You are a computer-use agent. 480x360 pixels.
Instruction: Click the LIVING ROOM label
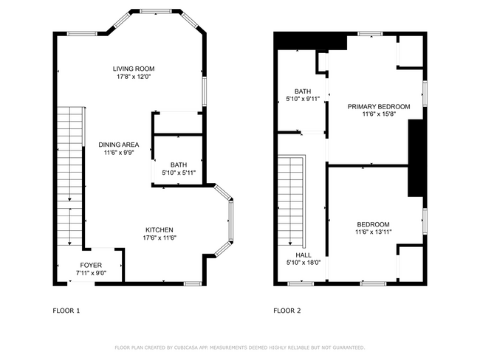tap(134, 69)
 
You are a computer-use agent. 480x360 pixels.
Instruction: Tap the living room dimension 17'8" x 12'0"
tap(134, 77)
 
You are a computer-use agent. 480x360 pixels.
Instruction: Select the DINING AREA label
tap(119, 145)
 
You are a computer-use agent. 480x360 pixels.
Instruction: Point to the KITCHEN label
tap(160, 230)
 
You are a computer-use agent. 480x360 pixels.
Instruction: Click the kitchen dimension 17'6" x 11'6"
tap(160, 238)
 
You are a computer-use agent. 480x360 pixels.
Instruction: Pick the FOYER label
tap(91, 265)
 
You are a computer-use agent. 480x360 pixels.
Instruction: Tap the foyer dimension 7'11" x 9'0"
tap(92, 273)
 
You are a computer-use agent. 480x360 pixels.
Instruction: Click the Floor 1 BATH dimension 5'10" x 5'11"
tap(179, 173)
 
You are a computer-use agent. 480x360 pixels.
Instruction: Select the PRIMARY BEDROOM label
tap(379, 107)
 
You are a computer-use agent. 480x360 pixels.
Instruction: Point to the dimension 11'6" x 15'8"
tap(380, 114)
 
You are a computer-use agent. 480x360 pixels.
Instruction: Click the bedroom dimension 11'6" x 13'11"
tap(374, 232)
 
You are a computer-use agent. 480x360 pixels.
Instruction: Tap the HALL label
tap(304, 255)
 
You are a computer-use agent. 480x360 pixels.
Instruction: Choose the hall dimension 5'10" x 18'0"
tap(304, 263)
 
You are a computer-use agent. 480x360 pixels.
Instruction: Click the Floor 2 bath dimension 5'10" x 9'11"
tap(303, 99)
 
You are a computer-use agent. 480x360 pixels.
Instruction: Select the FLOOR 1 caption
tap(66, 311)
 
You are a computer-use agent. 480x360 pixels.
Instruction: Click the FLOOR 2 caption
tap(287, 311)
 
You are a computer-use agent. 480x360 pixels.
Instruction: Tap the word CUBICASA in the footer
tap(186, 347)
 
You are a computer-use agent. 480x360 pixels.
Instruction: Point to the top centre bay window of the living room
tap(156, 11)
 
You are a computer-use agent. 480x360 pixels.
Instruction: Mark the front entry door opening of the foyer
tap(81, 283)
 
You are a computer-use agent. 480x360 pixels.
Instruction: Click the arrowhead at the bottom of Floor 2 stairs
tap(290, 243)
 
